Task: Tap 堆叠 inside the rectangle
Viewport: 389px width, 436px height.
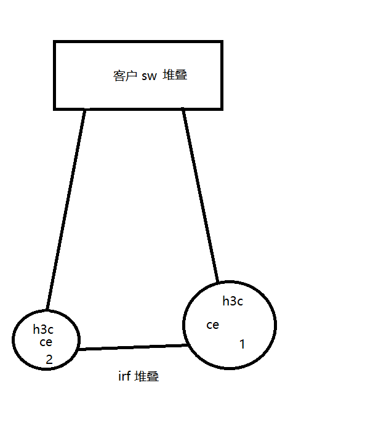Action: pyautogui.click(x=175, y=76)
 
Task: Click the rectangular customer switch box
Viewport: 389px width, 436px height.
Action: pyautogui.click(x=138, y=55)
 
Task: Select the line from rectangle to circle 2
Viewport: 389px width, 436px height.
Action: pyautogui.click(x=65, y=209)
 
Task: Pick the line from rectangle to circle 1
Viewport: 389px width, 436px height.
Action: pyautogui.click(x=201, y=196)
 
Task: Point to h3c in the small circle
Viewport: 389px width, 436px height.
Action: pyautogui.click(x=43, y=329)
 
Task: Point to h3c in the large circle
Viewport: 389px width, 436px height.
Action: pyautogui.click(x=233, y=301)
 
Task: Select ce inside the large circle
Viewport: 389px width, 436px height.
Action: pyautogui.click(x=212, y=325)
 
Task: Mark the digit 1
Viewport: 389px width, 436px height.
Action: pyautogui.click(x=242, y=344)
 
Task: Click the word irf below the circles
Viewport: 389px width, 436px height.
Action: pyautogui.click(x=124, y=376)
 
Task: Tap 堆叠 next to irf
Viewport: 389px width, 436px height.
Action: pyautogui.click(x=148, y=376)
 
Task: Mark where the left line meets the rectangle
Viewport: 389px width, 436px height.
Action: pyautogui.click(x=84, y=110)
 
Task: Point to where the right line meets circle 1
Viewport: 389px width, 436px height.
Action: pyautogui.click(x=218, y=283)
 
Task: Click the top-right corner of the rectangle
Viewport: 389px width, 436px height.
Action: pyautogui.click(x=221, y=42)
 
